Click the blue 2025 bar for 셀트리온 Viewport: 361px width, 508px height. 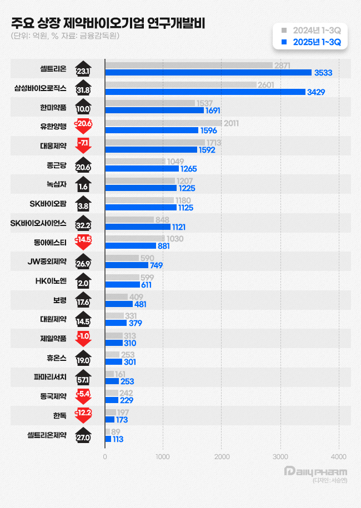(x=208, y=72)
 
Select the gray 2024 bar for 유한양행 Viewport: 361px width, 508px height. (x=163, y=123)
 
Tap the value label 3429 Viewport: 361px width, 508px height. (x=316, y=92)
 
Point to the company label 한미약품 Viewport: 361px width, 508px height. (x=53, y=107)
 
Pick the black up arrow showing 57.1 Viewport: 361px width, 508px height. (x=83, y=378)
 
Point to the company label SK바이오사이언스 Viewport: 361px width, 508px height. (x=39, y=223)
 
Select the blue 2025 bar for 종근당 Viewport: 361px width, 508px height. (x=142, y=168)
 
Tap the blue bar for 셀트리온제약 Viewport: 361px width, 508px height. (x=108, y=439)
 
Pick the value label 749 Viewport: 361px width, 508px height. (x=156, y=265)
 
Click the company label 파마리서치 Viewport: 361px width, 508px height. (x=50, y=377)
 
